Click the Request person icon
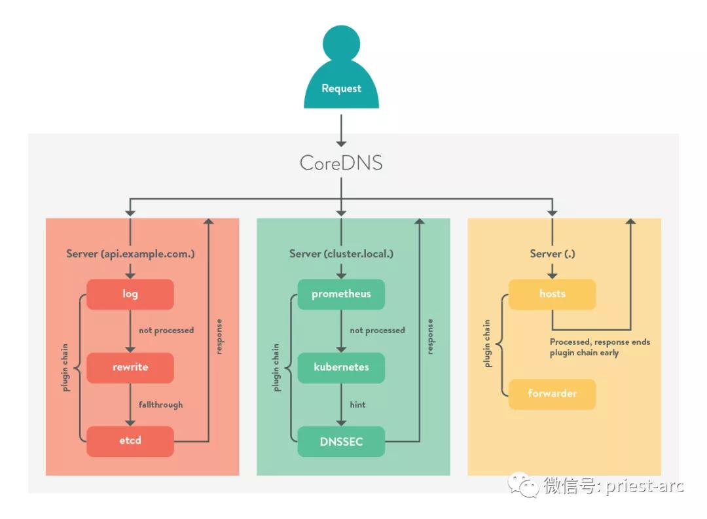point(341,72)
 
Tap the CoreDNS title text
point(341,162)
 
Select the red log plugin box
point(130,294)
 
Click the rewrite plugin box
point(130,367)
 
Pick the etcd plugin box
point(130,440)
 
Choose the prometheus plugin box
point(341,294)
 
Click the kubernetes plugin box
point(341,367)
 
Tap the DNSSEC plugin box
point(341,441)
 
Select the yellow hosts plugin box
point(552,294)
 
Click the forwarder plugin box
point(552,393)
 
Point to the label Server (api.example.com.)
point(130,254)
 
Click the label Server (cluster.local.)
point(341,254)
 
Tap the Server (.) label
point(552,254)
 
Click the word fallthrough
point(160,404)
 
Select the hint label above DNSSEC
point(357,404)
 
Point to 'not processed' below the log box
point(166,331)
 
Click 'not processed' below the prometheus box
point(377,331)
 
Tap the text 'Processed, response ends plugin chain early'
point(600,347)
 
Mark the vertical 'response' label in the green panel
point(430,336)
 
